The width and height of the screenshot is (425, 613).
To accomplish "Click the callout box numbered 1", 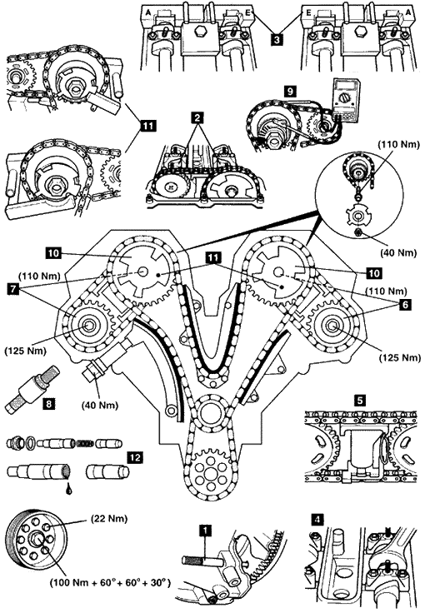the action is (x=204, y=531).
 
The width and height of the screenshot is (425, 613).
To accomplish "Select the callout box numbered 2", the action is (x=197, y=117).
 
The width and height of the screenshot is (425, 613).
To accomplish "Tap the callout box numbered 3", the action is (x=277, y=40).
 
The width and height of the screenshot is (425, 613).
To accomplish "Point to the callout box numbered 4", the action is (x=317, y=520).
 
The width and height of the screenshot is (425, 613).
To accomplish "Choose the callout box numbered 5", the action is (x=360, y=400).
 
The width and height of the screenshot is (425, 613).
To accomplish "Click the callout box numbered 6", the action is (x=405, y=305).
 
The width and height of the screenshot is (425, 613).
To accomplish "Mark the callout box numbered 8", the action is (x=48, y=403).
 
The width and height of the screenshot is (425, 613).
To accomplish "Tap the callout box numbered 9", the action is (x=290, y=92).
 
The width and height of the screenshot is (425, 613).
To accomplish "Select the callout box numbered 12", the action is (x=135, y=457).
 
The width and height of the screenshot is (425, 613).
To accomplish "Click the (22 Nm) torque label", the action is (x=109, y=519).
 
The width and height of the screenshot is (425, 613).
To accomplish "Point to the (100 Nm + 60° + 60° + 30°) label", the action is (x=110, y=583).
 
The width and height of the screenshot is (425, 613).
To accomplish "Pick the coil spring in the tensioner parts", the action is (x=84, y=444).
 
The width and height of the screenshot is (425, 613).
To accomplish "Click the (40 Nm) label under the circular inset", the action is (x=399, y=253).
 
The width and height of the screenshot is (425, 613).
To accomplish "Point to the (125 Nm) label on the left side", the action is (x=25, y=351).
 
